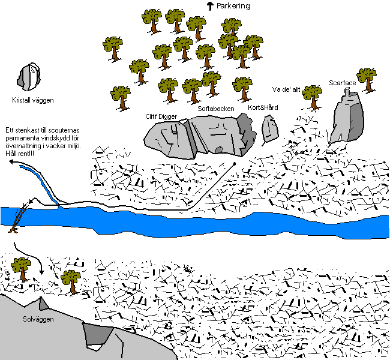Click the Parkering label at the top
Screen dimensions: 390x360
[x=233, y=6]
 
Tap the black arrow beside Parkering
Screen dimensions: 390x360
[x=210, y=6]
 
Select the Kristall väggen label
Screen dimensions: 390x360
[x=33, y=100]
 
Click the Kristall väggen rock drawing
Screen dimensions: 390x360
[x=29, y=77]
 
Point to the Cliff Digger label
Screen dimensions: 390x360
[x=161, y=116]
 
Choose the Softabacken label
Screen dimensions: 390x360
[x=216, y=109]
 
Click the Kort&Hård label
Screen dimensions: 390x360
[x=263, y=107]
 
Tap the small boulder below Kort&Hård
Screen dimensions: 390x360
[x=270, y=129]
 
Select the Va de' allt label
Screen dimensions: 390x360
[x=286, y=89]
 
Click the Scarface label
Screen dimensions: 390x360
[x=342, y=83]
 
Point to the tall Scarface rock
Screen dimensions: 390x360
[x=347, y=117]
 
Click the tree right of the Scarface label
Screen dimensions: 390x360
[x=367, y=80]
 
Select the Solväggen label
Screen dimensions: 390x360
[x=38, y=319]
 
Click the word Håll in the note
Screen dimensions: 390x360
[x=10, y=154]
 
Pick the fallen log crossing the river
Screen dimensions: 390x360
[x=18, y=218]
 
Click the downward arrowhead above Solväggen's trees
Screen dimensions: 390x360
[x=41, y=272]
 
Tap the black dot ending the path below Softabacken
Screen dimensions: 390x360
[x=234, y=164]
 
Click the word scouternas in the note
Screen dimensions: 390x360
[x=64, y=130]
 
